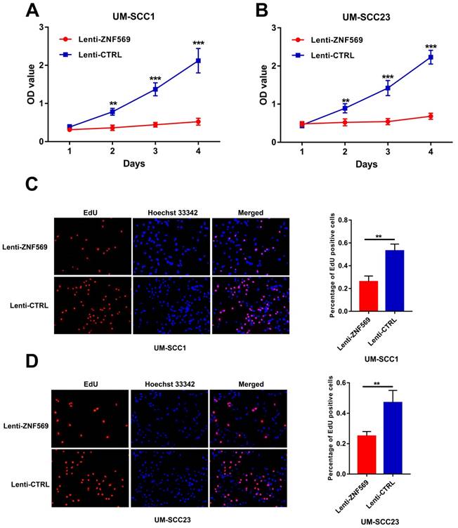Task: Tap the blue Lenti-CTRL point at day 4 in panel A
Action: [198, 61]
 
